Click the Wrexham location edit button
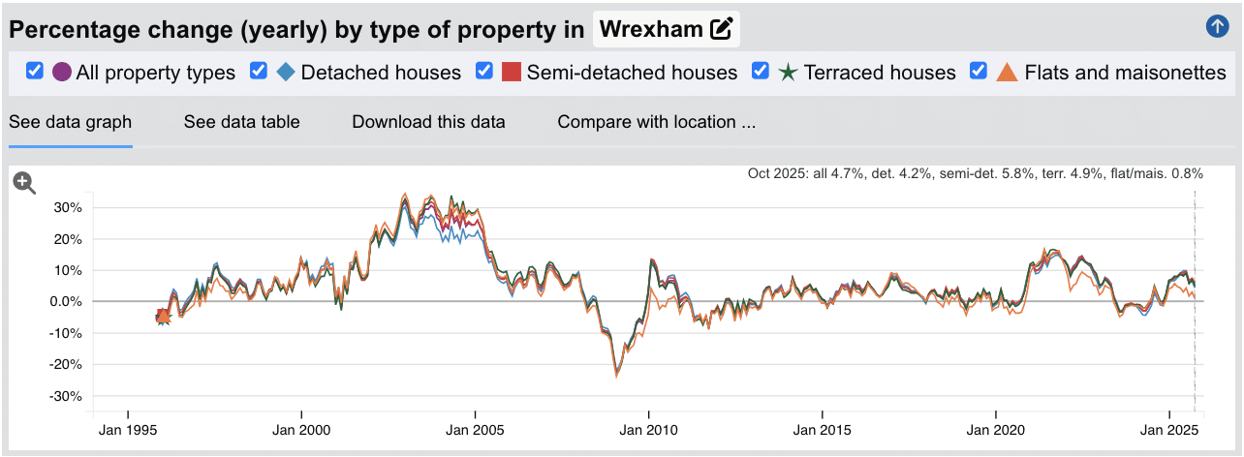coord(721,29)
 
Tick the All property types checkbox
coord(35,72)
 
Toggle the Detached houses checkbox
coord(259,72)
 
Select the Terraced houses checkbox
coord(761,72)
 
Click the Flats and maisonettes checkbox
coord(979,72)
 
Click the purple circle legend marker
coord(62,72)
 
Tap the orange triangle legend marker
coord(1007,72)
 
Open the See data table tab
coord(241,122)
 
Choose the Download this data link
coord(428,122)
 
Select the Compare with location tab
coord(656,122)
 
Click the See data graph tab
coord(70,122)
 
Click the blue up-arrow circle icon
coord(1217,27)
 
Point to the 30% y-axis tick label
coord(67,207)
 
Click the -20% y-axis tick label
coord(65,365)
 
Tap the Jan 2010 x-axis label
coord(648,429)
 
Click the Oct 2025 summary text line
coord(975,174)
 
